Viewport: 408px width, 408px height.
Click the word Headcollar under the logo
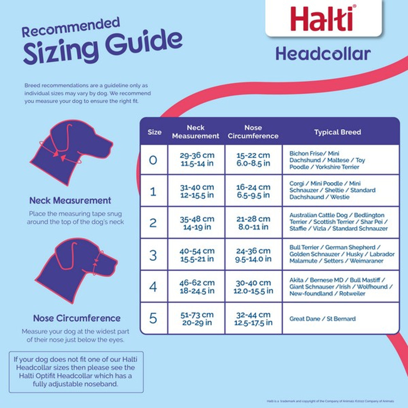[x=323, y=54]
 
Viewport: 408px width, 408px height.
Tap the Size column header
[x=154, y=132]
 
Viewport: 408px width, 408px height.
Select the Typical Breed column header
[x=337, y=132]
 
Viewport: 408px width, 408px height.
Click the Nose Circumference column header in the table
[x=253, y=132]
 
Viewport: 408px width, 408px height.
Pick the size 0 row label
[x=153, y=160]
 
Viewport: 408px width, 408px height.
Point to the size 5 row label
[x=153, y=318]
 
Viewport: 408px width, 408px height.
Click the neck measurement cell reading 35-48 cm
[x=197, y=223]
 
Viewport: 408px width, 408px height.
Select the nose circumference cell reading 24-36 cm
[x=253, y=255]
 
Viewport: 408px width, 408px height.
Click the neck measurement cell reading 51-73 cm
[x=197, y=318]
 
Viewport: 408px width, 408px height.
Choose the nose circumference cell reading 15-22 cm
[x=253, y=159]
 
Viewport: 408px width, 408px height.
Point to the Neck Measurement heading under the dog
[x=70, y=200]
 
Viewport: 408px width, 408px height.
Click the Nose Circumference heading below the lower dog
[x=77, y=318]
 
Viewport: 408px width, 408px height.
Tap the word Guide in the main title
[x=144, y=44]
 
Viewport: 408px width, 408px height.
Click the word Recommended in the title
[x=71, y=27]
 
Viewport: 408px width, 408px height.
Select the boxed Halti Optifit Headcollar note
[x=76, y=372]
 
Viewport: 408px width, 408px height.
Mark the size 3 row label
[x=153, y=255]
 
